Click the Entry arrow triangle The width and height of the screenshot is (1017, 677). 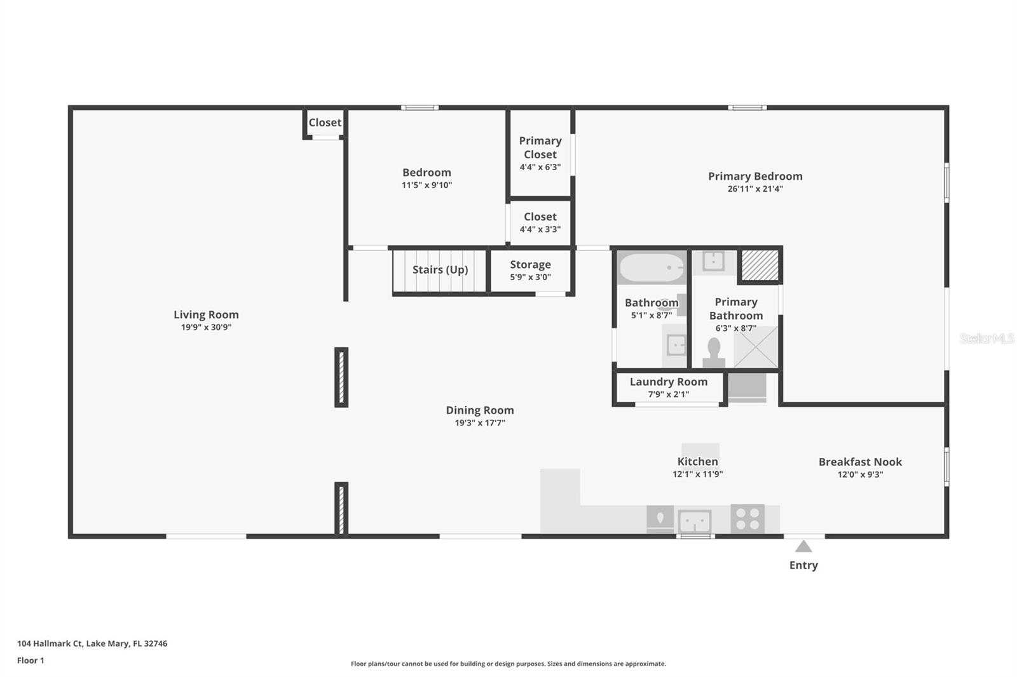click(x=803, y=547)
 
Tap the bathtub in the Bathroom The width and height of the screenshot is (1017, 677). click(x=652, y=268)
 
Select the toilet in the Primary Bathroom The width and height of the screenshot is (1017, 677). click(x=714, y=351)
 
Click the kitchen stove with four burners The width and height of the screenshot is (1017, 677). click(x=747, y=518)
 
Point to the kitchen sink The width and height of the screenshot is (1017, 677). click(x=694, y=522)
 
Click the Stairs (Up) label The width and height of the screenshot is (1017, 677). click(x=440, y=270)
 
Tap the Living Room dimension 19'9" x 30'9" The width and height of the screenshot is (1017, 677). click(x=206, y=328)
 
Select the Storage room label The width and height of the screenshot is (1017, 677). click(x=530, y=265)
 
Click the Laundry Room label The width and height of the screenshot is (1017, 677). click(x=668, y=382)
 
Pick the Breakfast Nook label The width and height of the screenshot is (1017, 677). click(x=859, y=462)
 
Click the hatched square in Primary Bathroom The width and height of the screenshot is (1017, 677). click(x=760, y=265)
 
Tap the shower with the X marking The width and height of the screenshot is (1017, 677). click(x=756, y=347)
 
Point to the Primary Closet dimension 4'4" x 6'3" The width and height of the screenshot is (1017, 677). click(x=540, y=168)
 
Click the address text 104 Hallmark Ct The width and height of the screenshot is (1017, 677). click(x=92, y=643)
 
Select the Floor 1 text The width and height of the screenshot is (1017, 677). click(x=31, y=660)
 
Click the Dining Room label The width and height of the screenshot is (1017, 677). click(x=479, y=410)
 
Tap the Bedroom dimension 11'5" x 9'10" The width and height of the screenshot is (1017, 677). click(x=427, y=185)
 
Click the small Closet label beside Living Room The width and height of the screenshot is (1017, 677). click(x=325, y=123)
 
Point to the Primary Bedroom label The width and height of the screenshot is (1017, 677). click(x=755, y=177)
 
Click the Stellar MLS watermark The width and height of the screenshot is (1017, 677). click(x=986, y=338)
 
